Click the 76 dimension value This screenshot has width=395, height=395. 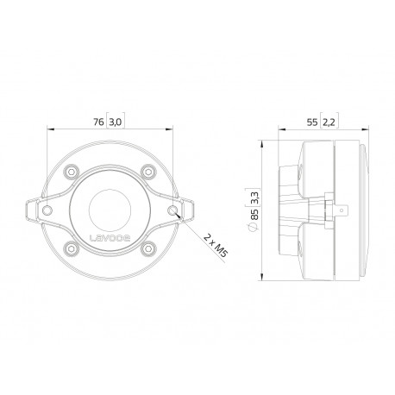[x=98, y=122]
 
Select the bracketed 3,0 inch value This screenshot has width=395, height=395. [x=116, y=122]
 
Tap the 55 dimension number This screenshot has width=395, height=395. [x=312, y=122]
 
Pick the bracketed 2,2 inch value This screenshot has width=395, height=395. [x=329, y=122]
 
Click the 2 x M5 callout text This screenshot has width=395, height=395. [x=216, y=246]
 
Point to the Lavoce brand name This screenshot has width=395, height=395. [x=110, y=238]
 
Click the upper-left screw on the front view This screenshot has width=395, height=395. [x=72, y=172]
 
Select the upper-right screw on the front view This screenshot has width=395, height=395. [x=148, y=172]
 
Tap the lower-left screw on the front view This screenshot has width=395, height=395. [x=72, y=248]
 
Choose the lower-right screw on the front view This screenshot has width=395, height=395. [x=148, y=248]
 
